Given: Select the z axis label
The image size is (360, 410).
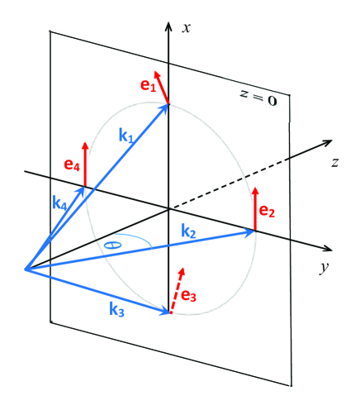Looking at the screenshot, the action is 335,162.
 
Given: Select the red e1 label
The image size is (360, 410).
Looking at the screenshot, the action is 148,86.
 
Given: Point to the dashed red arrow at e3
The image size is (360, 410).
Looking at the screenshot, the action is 176,289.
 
